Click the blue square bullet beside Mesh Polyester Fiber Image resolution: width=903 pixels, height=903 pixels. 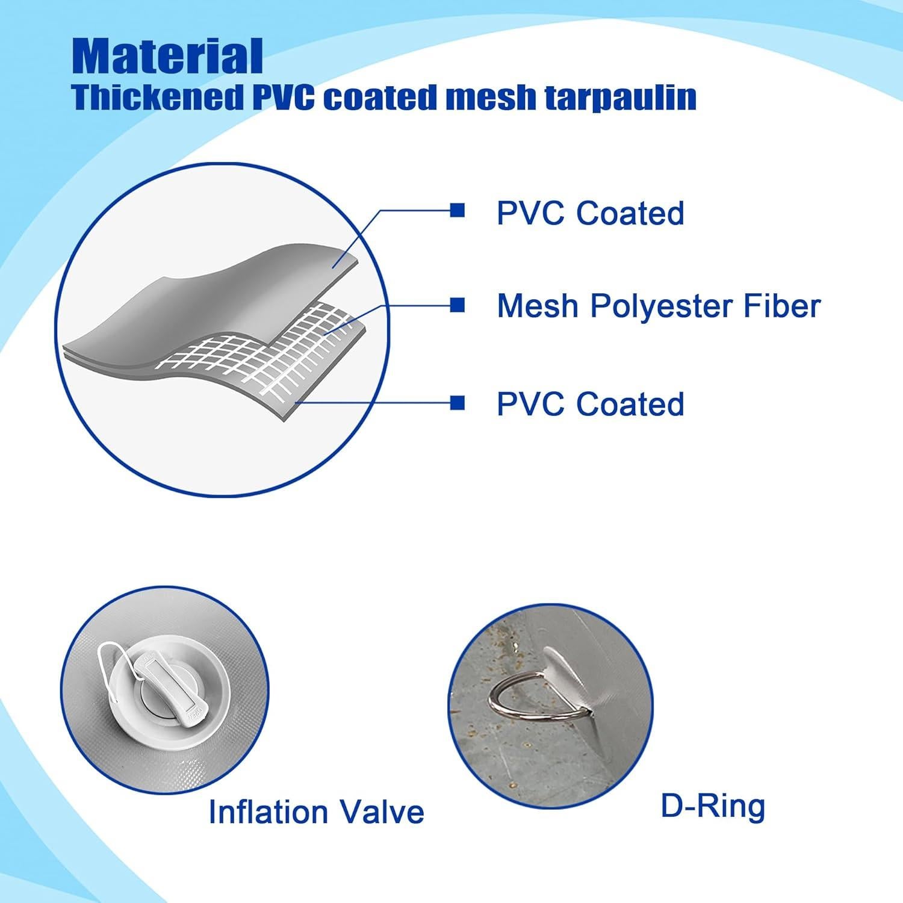[458, 305]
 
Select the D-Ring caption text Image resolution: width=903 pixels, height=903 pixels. [713, 806]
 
